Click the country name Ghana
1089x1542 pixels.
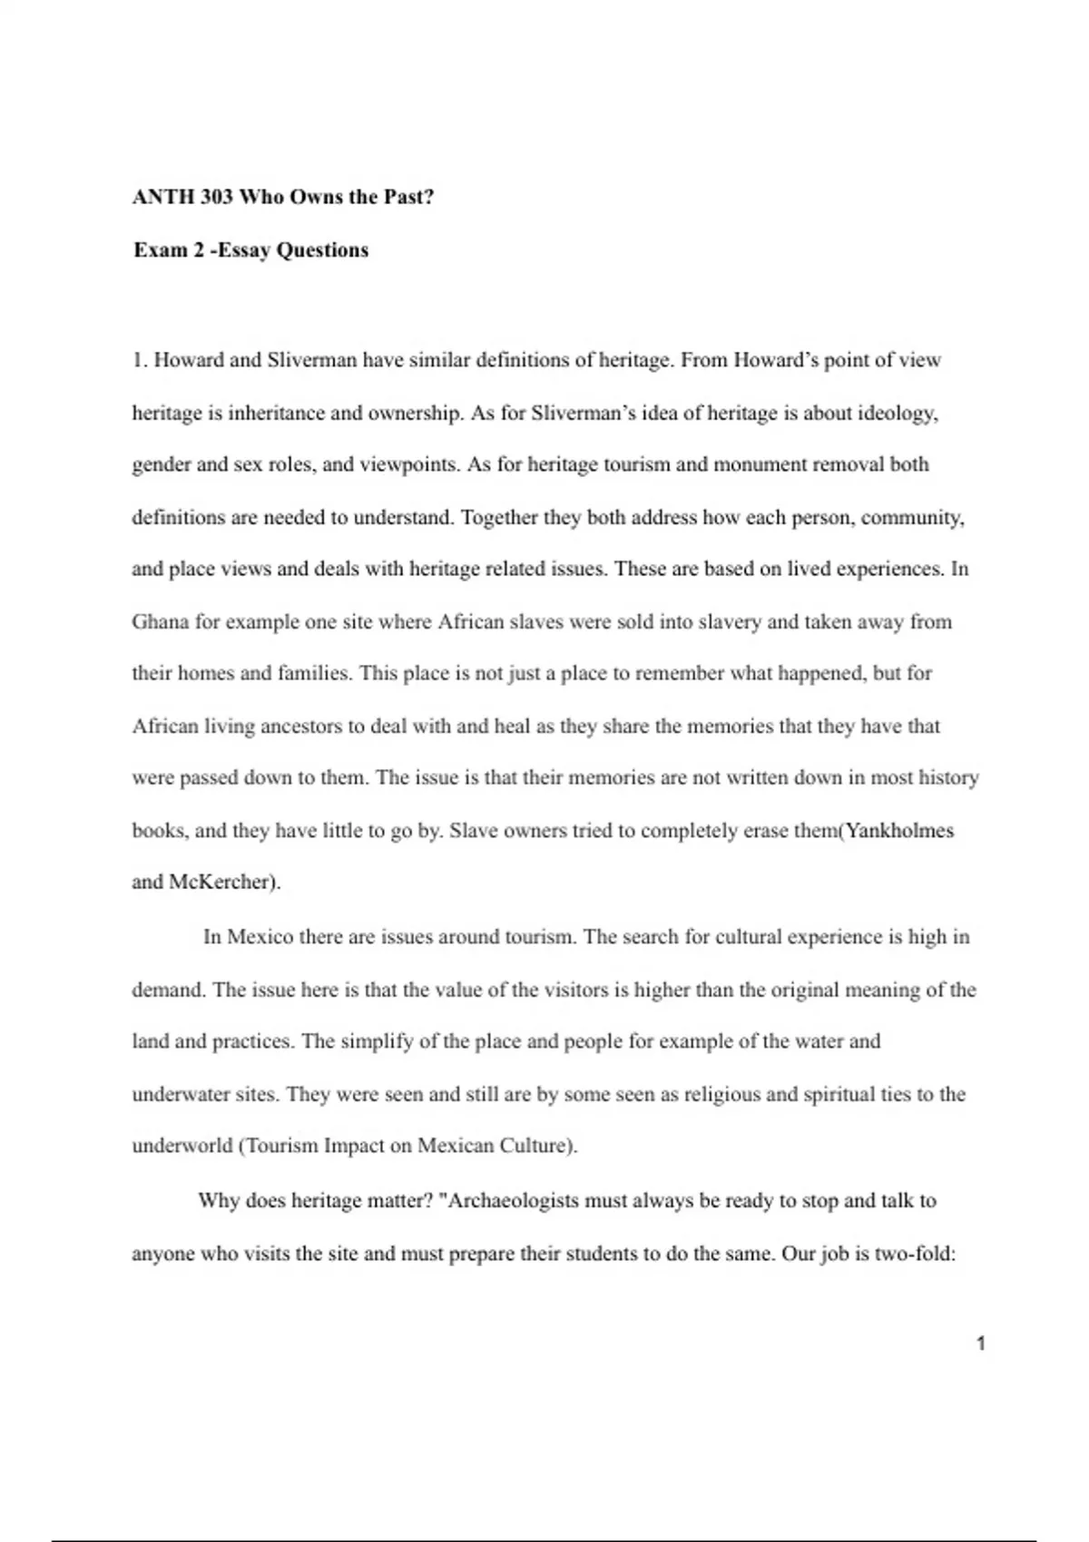point(160,621)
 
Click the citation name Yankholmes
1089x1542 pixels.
point(899,830)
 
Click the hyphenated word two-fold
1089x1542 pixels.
point(916,1254)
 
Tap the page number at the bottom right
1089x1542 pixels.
point(981,1343)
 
